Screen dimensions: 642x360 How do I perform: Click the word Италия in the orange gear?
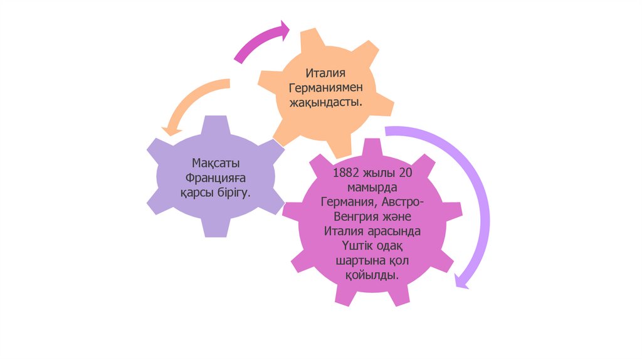click(x=326, y=74)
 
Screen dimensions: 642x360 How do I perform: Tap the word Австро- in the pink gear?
click(x=406, y=202)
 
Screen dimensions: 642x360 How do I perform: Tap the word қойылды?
click(x=373, y=274)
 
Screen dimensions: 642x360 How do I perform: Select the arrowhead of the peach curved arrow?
click(x=170, y=130)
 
